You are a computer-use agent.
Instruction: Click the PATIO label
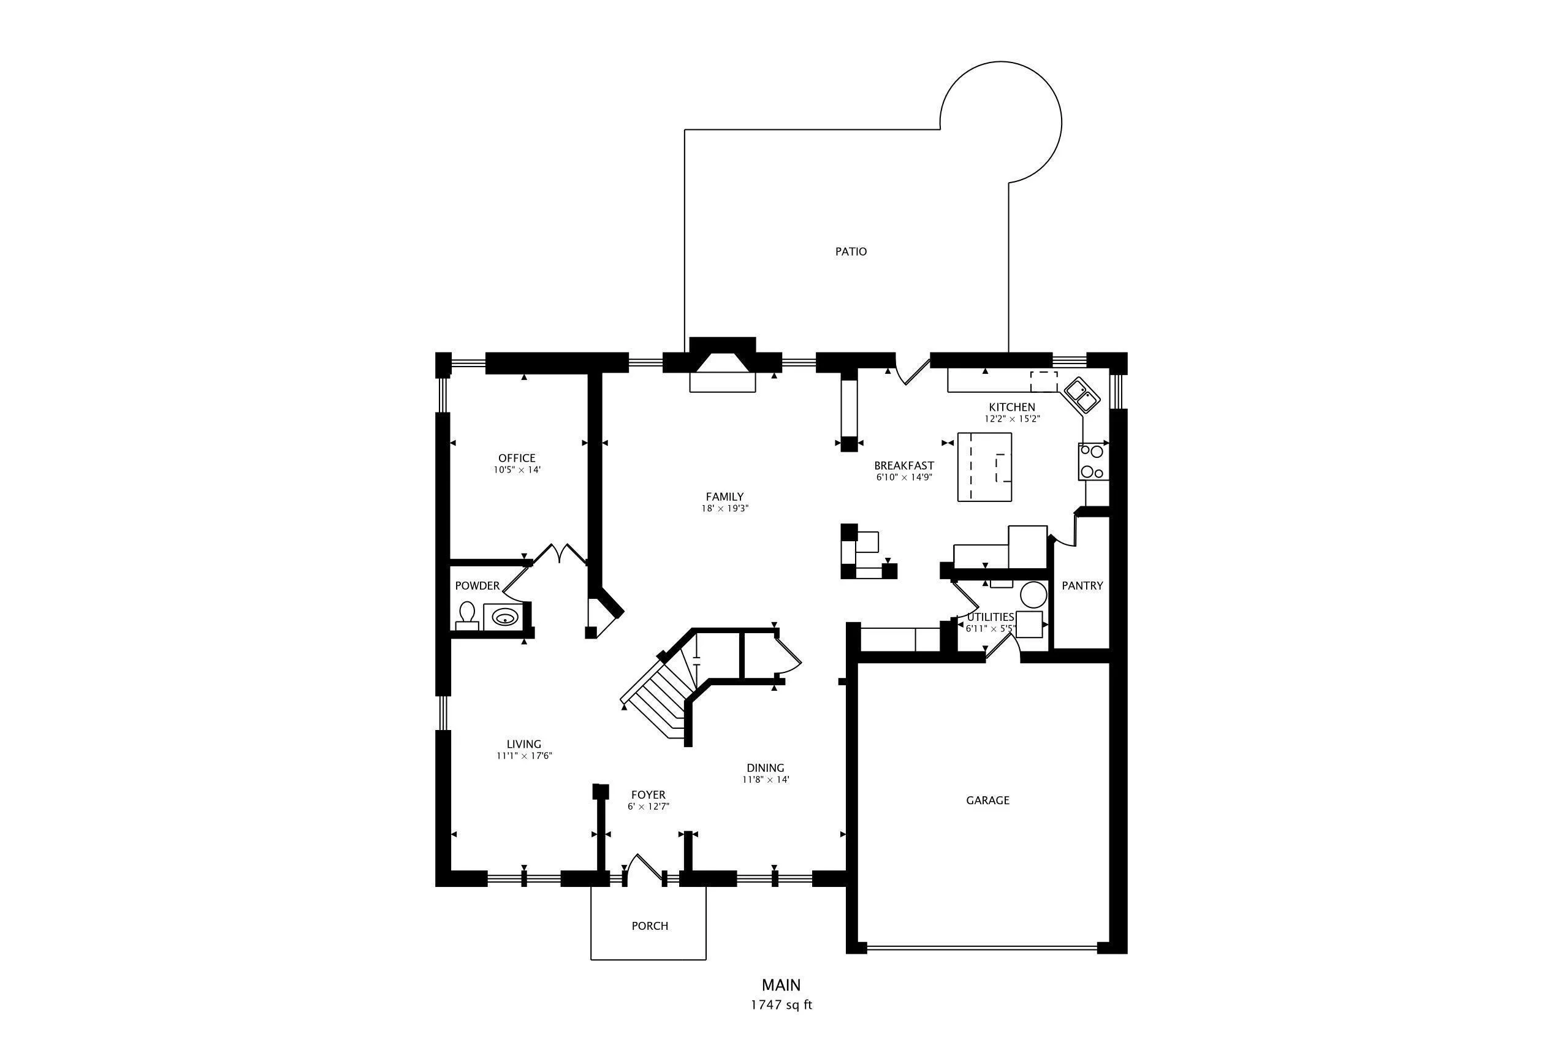click(x=851, y=251)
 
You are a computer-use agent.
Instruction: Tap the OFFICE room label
click(x=516, y=458)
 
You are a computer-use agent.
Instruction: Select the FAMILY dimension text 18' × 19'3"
click(x=724, y=508)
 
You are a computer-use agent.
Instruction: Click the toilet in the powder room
click(x=467, y=615)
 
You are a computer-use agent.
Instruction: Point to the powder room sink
click(x=506, y=616)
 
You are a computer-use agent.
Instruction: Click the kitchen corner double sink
click(x=1082, y=395)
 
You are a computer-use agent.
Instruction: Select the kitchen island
click(x=984, y=467)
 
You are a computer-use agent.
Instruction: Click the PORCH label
click(x=649, y=926)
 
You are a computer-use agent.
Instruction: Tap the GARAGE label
click(x=987, y=800)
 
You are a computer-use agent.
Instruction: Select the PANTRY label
click(x=1082, y=585)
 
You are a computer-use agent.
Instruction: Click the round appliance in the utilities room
click(x=1033, y=594)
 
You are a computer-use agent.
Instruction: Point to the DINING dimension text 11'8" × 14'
click(x=766, y=780)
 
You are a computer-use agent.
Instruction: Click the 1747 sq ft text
click(x=781, y=1005)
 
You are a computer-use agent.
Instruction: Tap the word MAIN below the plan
click(x=781, y=985)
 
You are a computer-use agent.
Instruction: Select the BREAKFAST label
click(x=903, y=466)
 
